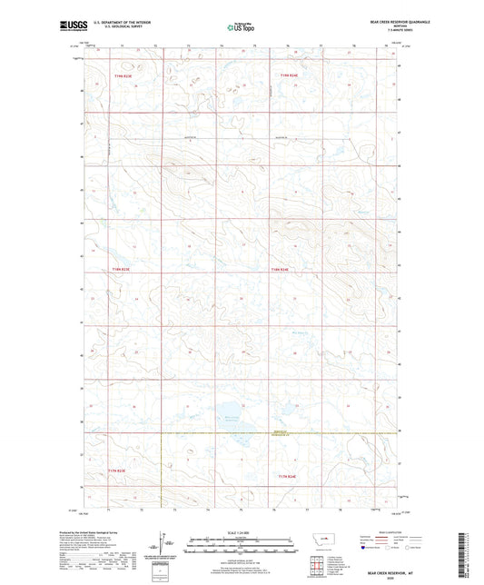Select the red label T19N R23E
122,75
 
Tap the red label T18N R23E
122,270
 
